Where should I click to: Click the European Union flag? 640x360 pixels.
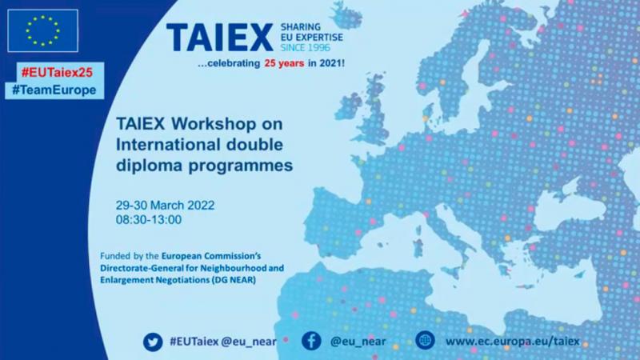coord(43,30)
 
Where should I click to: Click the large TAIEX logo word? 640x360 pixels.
coord(219,38)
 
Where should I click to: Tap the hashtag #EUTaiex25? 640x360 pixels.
coord(57,72)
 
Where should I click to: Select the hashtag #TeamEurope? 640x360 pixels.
coord(54,90)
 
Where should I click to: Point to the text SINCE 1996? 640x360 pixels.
coord(306,48)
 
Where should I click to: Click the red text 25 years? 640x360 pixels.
coord(284,63)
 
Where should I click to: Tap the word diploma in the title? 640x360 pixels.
coord(150,166)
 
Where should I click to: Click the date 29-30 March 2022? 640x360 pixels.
coord(166,205)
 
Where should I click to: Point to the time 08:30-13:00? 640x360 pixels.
coord(149,219)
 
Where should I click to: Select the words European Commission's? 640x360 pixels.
coord(211,256)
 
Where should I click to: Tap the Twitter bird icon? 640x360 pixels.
coord(153,342)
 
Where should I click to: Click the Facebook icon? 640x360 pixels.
coord(311,341)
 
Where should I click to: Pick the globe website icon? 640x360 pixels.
coord(425,340)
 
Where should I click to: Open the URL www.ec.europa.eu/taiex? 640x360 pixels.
coord(512,342)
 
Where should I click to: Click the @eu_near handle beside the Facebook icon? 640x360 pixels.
coord(358,342)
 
